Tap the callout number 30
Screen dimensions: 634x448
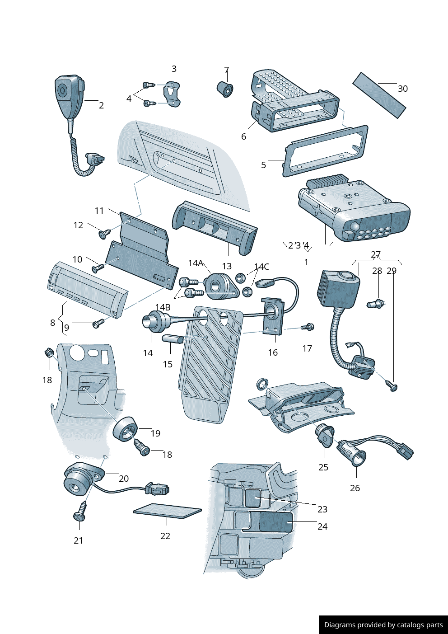pos(402,89)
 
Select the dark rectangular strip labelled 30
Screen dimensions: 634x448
pos(379,95)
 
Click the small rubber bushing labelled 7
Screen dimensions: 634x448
pos(225,89)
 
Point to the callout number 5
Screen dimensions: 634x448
pos(263,165)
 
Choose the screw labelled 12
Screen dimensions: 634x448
pos(105,234)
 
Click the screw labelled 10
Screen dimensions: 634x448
pos(98,268)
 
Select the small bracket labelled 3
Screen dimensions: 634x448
pos(172,94)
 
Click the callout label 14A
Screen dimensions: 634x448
pos(196,263)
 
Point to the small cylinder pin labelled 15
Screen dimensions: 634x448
pos(173,338)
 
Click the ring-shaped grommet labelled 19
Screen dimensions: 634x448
pos(125,428)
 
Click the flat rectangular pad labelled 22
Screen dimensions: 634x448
pos(167,511)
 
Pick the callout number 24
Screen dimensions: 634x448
pos(322,526)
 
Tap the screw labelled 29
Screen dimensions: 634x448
pos(392,385)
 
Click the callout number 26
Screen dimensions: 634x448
pos(355,488)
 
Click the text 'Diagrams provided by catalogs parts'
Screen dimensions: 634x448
pos(383,625)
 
